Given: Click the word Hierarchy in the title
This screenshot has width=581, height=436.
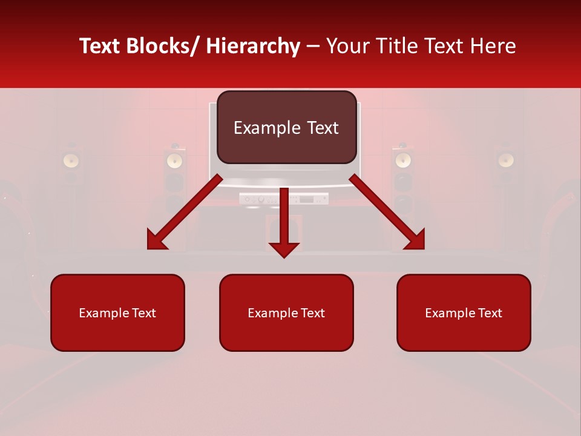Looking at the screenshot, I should point(253,47).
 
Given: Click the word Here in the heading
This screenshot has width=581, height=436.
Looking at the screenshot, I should point(494,47).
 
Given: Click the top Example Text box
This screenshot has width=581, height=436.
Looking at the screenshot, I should point(286,127).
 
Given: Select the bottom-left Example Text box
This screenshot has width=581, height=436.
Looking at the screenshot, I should point(117,312).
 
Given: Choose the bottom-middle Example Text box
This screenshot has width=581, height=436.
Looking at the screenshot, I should point(286,312).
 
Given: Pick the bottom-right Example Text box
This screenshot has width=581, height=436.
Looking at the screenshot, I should point(464,312).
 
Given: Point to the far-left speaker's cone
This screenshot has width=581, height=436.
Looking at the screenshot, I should point(72,160).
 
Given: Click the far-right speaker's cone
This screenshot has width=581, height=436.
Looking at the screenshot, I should point(506,160).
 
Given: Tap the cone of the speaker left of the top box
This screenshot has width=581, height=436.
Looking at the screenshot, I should point(174,160).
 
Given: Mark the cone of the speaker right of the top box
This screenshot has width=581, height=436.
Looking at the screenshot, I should point(403,160).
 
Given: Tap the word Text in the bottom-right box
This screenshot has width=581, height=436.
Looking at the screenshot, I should point(489,313).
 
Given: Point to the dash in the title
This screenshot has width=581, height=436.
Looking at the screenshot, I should point(313,47).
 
